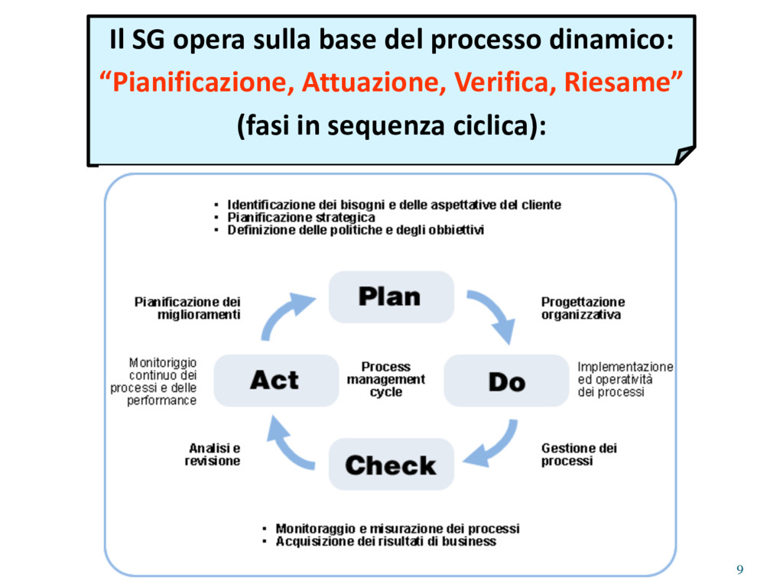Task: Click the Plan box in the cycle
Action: pyautogui.click(x=391, y=297)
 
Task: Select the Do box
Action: pyautogui.click(x=506, y=381)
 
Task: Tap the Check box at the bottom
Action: pyautogui.click(x=391, y=465)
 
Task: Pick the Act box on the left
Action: pyautogui.click(x=275, y=381)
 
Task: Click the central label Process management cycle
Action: pyautogui.click(x=386, y=379)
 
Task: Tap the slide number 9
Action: pyautogui.click(x=739, y=569)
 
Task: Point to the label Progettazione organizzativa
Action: pyautogui.click(x=583, y=308)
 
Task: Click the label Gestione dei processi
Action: pyautogui.click(x=579, y=455)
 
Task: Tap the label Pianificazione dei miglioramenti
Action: pyautogui.click(x=188, y=308)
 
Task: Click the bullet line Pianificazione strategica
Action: pyautogui.click(x=301, y=217)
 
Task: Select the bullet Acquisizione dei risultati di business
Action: pyautogui.click(x=385, y=541)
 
